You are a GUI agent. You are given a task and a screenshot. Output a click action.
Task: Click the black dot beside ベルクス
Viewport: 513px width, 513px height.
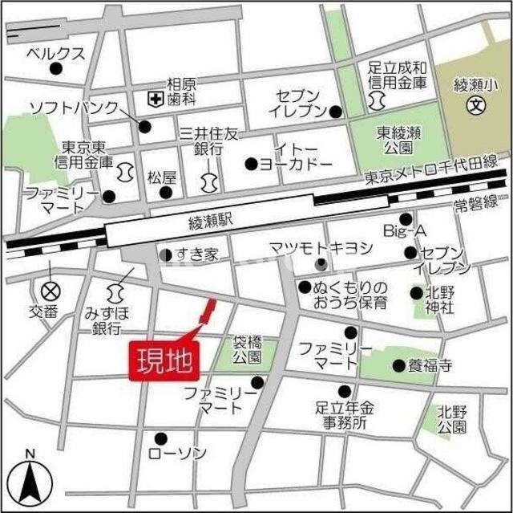55,69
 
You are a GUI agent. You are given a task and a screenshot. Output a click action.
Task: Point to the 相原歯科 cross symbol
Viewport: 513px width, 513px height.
153,99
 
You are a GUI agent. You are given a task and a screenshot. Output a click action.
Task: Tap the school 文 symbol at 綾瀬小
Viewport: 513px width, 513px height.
476,104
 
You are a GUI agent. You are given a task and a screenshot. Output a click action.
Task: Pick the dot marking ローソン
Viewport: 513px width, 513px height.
160,438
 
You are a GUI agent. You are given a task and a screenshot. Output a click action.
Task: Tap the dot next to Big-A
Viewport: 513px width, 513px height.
406,218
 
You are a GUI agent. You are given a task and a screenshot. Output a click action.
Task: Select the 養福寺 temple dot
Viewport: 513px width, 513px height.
398,366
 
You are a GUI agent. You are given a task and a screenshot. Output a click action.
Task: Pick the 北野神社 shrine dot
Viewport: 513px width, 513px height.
416,293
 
